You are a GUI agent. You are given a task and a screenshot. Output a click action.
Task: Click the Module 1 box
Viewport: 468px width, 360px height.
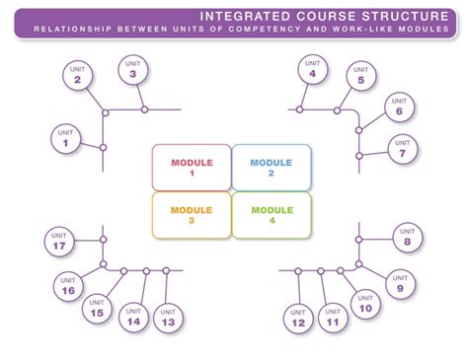pyautogui.click(x=191, y=167)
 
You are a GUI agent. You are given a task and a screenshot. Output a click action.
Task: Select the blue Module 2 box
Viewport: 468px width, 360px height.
pyautogui.click(x=272, y=167)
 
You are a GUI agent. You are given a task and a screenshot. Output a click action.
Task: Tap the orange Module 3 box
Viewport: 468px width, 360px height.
pyautogui.click(x=191, y=215)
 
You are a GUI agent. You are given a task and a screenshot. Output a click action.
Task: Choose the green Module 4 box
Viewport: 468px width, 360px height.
pyautogui.click(x=272, y=215)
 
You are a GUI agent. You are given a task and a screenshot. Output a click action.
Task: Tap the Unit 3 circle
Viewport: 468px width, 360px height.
pyautogui.click(x=132, y=68)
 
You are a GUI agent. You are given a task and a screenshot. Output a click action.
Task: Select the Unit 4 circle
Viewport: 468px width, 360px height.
pyautogui.click(x=313, y=68)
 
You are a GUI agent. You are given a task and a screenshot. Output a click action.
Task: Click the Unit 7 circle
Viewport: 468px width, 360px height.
pyautogui.click(x=403, y=148)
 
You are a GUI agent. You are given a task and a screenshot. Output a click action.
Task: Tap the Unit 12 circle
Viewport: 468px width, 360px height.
pyautogui.click(x=298, y=318)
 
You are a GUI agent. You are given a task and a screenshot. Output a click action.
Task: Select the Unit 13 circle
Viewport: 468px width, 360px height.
pyautogui.click(x=168, y=318)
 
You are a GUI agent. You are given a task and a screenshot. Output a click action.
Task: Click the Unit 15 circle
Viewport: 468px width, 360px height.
pyautogui.click(x=97, y=309)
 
